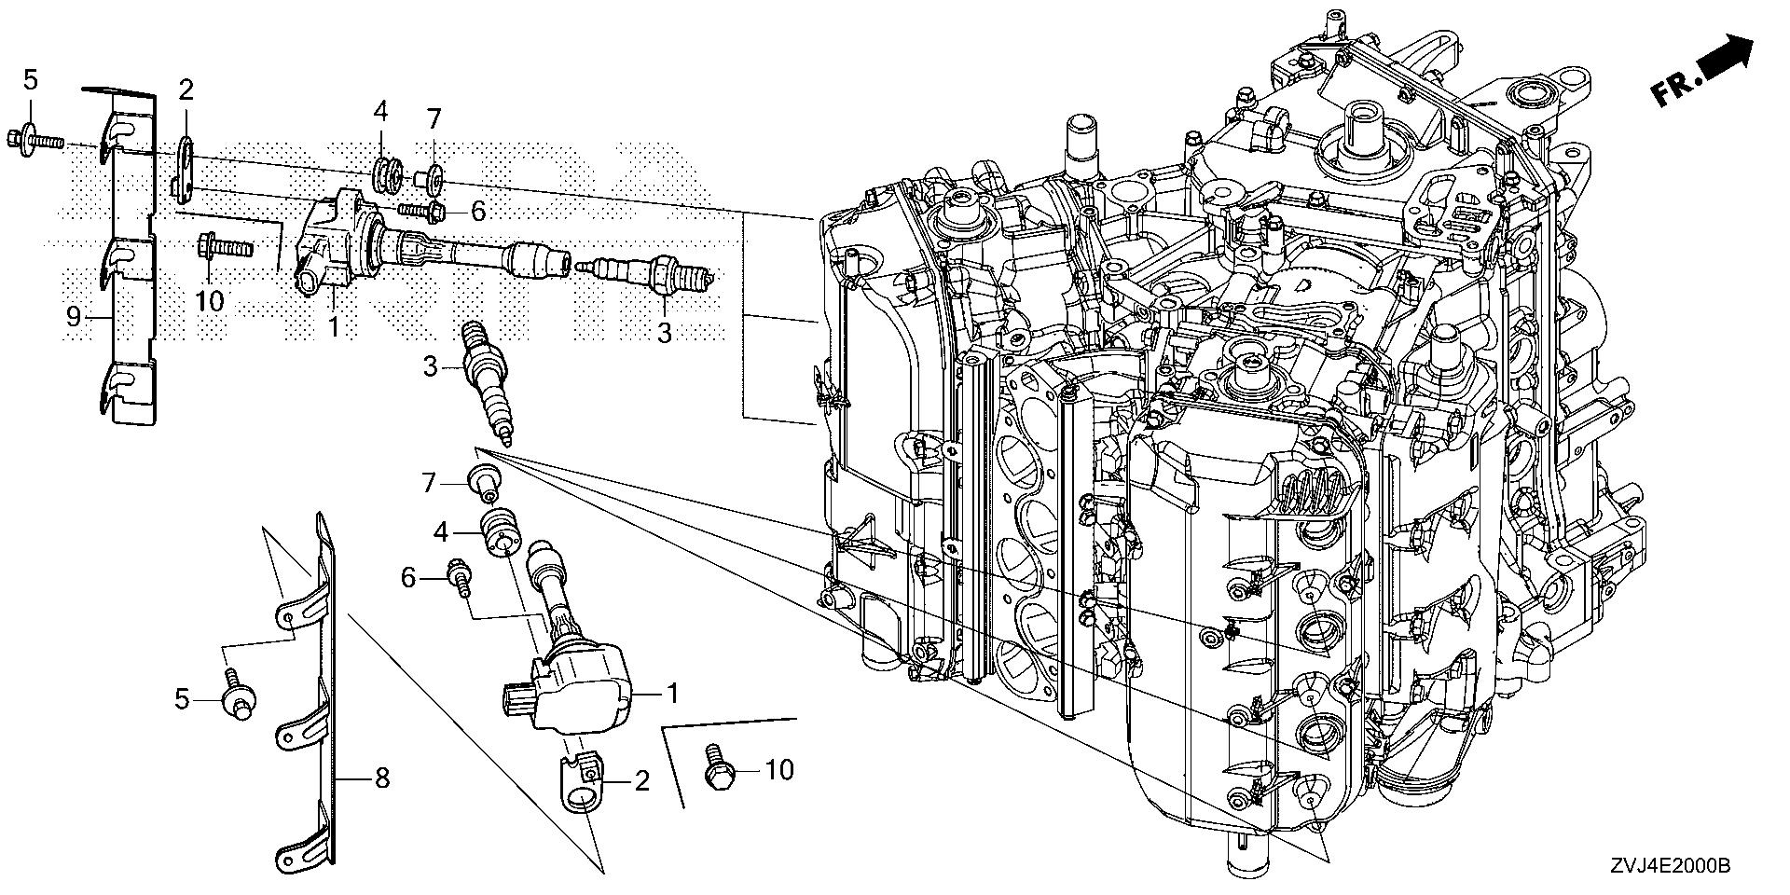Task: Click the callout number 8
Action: coord(380,778)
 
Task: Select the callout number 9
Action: coord(74,317)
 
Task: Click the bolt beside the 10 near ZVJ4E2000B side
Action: coord(719,766)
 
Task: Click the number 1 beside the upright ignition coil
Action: coord(670,694)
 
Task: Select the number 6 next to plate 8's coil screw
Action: coord(408,578)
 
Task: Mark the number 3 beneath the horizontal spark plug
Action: coord(663,333)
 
